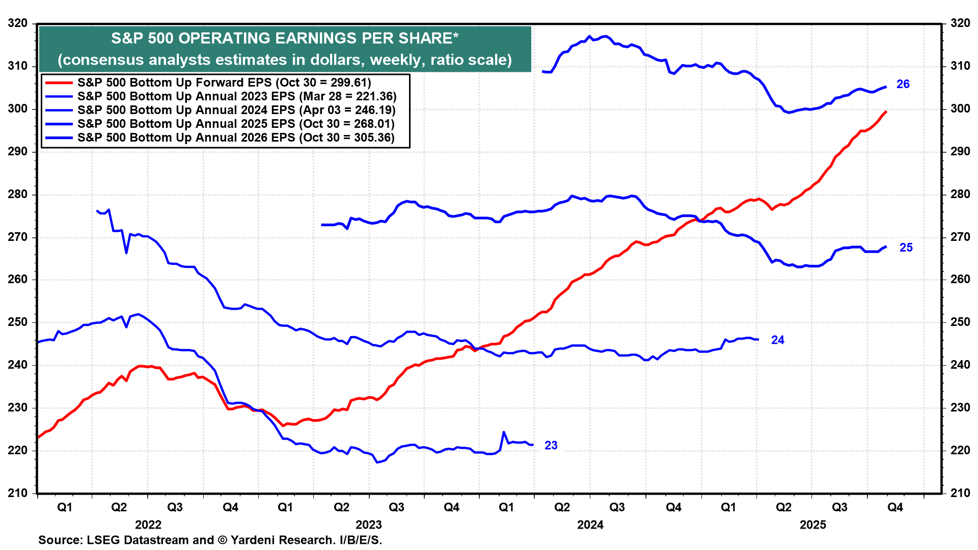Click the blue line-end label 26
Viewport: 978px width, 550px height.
903,85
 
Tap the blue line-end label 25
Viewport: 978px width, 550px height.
906,248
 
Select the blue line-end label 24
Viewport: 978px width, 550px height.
777,340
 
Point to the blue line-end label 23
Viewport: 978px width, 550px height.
551,446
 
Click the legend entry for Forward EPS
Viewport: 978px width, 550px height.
224,83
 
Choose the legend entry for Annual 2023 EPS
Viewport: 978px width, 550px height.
236,97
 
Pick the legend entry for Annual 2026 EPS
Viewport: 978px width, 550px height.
236,138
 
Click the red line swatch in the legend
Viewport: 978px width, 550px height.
59,83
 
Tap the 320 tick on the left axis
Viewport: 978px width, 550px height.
18,23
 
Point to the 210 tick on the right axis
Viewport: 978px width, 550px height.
960,493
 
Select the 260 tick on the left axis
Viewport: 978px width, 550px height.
18,280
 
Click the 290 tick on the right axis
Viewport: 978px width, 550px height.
960,152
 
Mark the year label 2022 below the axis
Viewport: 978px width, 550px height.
148,525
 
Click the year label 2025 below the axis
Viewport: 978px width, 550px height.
812,525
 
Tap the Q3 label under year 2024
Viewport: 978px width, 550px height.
617,508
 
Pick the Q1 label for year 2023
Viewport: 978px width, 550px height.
285,508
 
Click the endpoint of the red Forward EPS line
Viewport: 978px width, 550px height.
886,112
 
